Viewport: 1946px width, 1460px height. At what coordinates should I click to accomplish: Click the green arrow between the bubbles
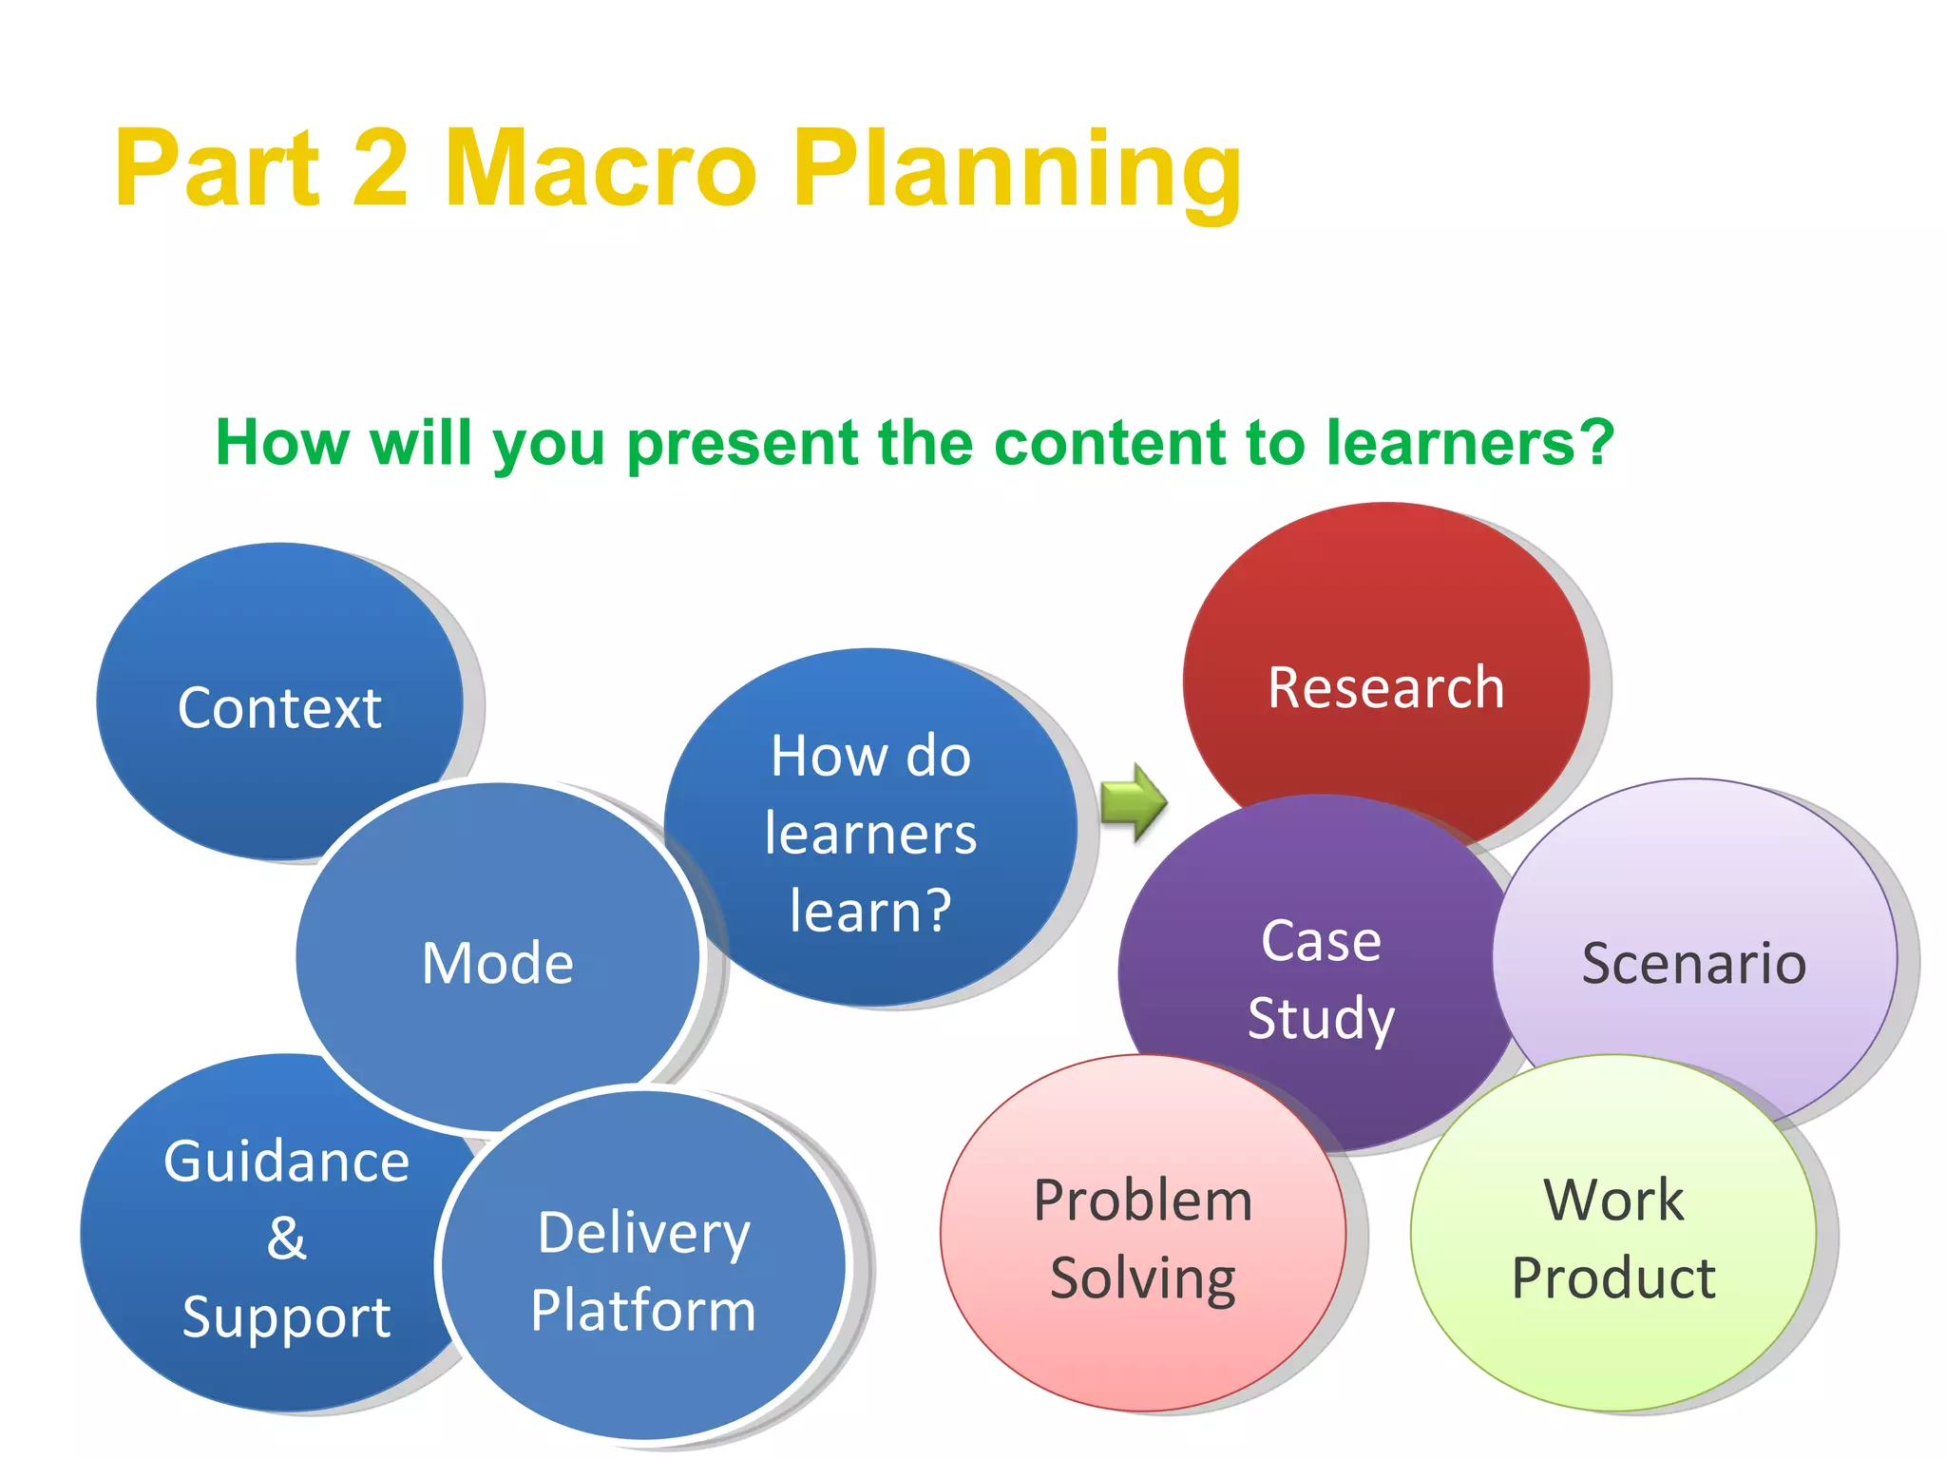(x=1133, y=803)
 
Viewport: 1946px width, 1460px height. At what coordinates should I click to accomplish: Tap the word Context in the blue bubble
(x=279, y=708)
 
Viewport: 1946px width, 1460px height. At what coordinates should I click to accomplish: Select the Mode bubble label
(x=497, y=963)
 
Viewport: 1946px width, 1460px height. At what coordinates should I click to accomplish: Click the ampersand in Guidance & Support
(x=286, y=1238)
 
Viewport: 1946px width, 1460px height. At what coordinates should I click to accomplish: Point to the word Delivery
(x=643, y=1234)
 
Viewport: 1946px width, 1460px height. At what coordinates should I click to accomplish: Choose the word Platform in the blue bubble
(x=643, y=1311)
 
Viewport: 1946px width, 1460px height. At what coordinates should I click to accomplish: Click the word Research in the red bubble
(x=1385, y=687)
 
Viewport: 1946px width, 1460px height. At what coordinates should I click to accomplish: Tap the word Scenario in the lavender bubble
(x=1693, y=963)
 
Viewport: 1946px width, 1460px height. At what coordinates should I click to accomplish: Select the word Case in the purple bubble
(x=1321, y=941)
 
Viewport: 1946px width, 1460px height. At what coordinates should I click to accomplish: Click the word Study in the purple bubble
(x=1321, y=1019)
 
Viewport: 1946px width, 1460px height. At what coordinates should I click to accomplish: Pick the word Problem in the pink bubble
(x=1143, y=1201)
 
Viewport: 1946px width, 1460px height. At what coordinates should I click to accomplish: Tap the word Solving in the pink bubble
(x=1143, y=1278)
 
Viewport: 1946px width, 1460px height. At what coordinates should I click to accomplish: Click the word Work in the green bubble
(x=1613, y=1201)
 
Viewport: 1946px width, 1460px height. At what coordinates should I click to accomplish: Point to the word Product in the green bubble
(x=1613, y=1278)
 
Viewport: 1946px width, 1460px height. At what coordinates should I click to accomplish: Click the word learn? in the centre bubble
(x=870, y=911)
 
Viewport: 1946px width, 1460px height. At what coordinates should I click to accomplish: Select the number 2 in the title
(x=380, y=168)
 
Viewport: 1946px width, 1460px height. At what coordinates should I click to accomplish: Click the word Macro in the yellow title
(x=601, y=168)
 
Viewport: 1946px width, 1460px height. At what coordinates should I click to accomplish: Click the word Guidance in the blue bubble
(x=286, y=1162)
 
